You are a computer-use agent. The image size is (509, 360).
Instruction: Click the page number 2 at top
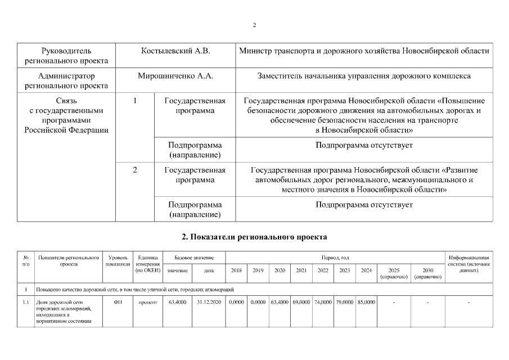point(254,25)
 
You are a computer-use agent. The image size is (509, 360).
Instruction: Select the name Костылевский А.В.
point(175,51)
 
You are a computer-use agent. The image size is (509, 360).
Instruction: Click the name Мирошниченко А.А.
point(175,75)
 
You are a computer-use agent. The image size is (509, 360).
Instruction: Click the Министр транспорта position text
point(364,51)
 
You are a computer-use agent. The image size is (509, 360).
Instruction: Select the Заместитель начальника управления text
point(364,75)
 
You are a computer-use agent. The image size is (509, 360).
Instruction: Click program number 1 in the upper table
point(134,101)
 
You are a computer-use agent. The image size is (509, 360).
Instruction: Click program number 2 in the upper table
point(134,169)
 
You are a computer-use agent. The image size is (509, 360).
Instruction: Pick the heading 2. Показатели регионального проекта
point(254,237)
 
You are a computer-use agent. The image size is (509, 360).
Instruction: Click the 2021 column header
point(301,271)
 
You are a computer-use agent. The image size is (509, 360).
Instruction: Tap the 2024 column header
point(366,271)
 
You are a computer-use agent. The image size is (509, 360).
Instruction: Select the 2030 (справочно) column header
point(427,273)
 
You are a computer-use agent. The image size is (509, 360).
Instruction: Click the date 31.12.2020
point(207,303)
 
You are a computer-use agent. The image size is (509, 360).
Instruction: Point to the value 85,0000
point(366,303)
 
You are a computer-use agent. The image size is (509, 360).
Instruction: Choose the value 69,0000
point(301,303)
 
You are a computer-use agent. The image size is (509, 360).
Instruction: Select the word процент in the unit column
point(148,303)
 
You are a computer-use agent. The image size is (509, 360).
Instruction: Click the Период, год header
point(335,258)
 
